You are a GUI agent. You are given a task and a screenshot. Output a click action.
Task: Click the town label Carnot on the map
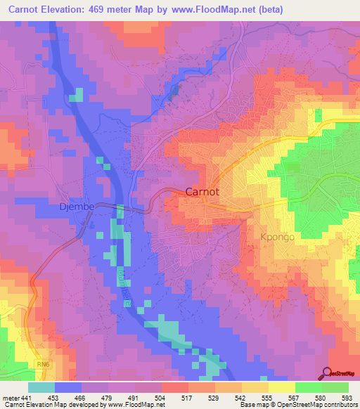[x=205, y=192]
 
